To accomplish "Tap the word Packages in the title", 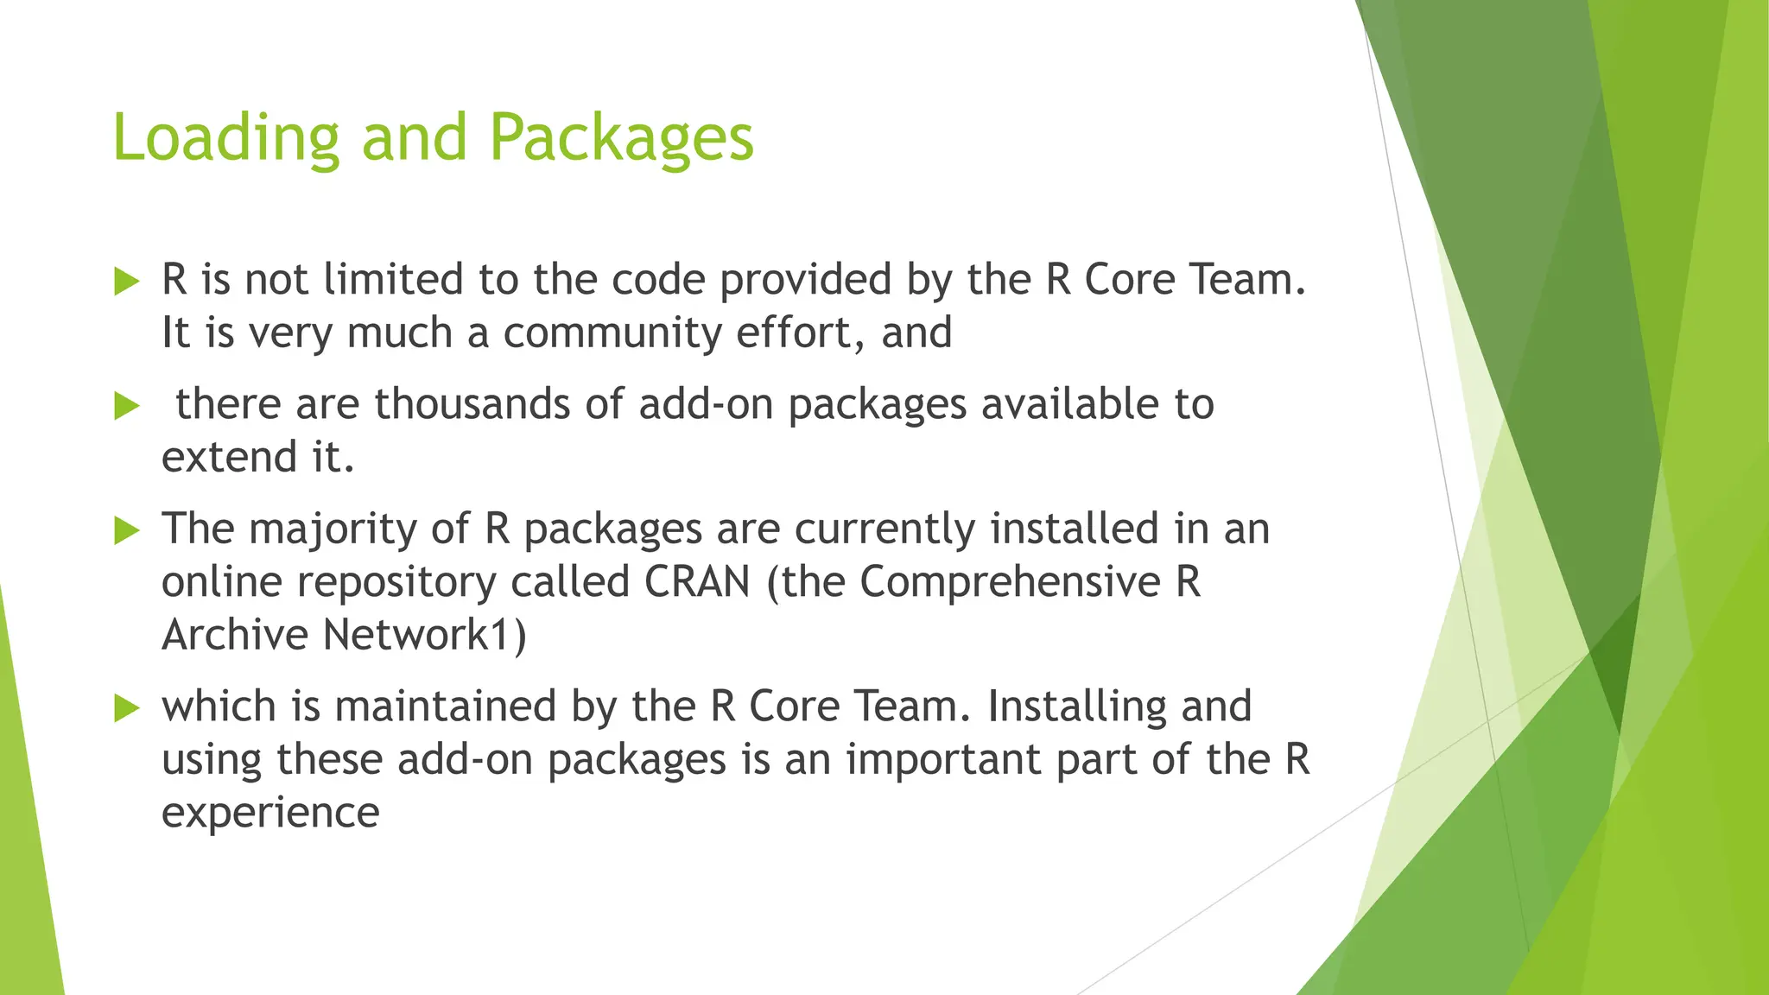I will (621, 138).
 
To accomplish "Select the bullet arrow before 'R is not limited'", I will (127, 282).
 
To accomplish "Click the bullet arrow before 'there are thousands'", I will (127, 406).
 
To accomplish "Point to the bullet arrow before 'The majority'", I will (127, 530).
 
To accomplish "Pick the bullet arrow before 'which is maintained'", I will (127, 708).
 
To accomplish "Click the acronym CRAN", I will (697, 581).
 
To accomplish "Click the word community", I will (612, 333).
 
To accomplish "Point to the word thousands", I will (472, 404).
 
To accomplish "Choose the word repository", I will (396, 583).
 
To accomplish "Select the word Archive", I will (235, 635).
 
